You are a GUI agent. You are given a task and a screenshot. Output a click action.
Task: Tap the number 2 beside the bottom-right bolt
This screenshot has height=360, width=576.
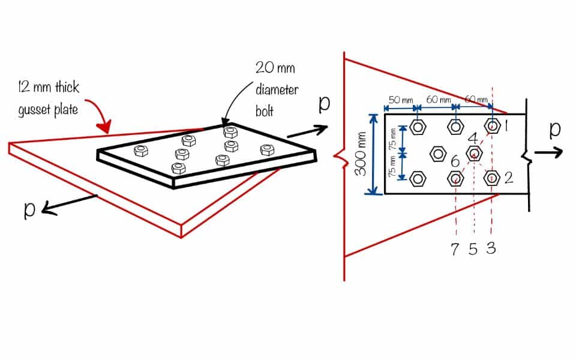click(509, 178)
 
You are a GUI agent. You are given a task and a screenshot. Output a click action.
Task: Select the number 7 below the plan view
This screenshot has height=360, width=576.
click(456, 249)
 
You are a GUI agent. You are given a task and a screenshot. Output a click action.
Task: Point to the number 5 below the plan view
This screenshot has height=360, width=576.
click(473, 249)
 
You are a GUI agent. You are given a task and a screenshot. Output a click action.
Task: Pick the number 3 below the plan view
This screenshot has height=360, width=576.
click(491, 249)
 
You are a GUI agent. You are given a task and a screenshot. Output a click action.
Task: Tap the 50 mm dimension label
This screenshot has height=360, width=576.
click(398, 100)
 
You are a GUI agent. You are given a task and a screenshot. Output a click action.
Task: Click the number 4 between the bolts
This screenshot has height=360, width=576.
click(473, 138)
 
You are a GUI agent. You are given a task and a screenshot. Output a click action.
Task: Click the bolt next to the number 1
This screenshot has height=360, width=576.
click(493, 126)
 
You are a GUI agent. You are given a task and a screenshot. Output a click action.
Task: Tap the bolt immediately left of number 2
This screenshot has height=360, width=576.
click(493, 178)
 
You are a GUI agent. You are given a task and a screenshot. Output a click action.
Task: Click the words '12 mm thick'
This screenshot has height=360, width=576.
click(44, 88)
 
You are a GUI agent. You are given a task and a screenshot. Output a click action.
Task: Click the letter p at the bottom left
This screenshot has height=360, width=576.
click(28, 208)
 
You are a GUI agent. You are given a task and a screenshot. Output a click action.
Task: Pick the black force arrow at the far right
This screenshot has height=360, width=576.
click(548, 152)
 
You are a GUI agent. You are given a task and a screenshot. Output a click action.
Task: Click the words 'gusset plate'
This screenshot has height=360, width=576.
click(49, 109)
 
